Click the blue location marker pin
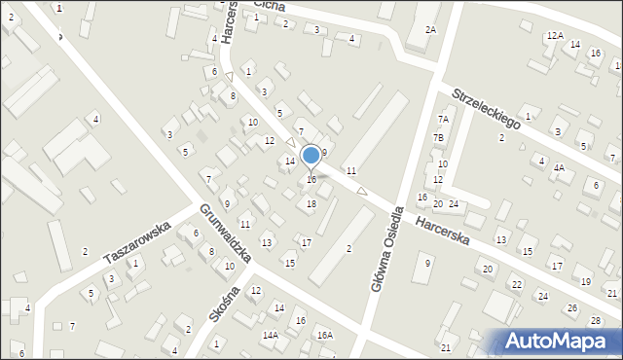click(x=311, y=156)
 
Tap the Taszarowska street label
click(x=137, y=242)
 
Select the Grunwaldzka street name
click(x=227, y=234)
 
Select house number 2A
click(x=430, y=30)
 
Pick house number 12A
click(x=555, y=36)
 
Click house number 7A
click(x=442, y=119)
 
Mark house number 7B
click(x=439, y=138)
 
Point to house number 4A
click(x=559, y=167)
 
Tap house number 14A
click(x=270, y=335)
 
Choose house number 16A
click(x=323, y=335)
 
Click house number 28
click(x=596, y=321)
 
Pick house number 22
click(x=517, y=284)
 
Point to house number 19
click(x=585, y=281)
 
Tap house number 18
click(x=311, y=203)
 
